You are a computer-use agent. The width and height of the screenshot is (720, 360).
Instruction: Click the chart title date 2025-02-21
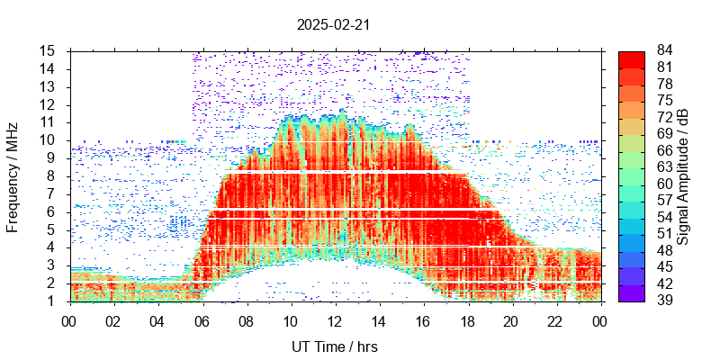333,25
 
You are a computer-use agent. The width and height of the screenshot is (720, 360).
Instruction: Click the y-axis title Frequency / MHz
13,175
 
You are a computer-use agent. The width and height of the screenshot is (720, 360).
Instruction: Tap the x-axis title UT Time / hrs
335,346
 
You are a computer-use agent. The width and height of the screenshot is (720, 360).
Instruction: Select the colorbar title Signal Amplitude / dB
684,175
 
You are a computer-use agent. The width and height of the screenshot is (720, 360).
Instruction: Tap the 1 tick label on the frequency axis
53,301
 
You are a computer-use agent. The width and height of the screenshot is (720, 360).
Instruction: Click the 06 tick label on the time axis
202,319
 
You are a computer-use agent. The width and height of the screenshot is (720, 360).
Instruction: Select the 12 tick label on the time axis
335,319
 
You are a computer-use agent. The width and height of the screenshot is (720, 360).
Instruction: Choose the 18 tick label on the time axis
467,319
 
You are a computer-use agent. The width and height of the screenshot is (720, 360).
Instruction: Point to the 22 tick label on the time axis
555,319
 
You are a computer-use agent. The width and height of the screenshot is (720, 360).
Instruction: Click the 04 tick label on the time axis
158,319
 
